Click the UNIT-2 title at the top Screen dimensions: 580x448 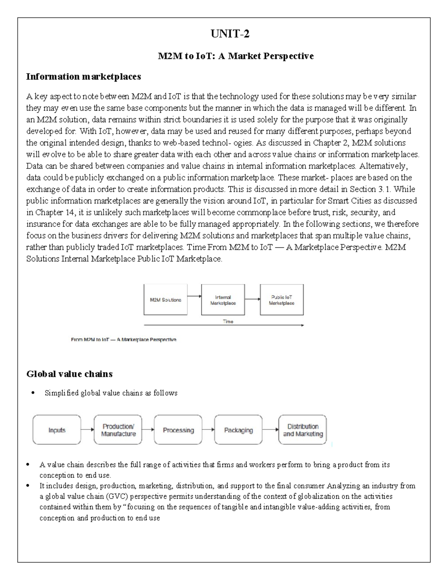coord(230,34)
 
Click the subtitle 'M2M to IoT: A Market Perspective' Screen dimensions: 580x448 coord(235,56)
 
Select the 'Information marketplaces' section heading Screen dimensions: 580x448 coord(84,77)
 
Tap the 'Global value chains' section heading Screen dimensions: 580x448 coord(69,373)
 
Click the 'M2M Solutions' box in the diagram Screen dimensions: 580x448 coord(165,300)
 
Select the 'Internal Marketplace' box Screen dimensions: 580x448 coord(223,300)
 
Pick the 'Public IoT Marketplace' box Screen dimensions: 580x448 coord(281,300)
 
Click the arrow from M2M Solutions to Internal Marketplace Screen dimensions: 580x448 coord(194,296)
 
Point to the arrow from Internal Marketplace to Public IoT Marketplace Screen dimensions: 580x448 coord(252,299)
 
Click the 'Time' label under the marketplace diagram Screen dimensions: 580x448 coord(228,321)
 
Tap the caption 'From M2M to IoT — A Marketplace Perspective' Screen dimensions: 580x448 coord(124,340)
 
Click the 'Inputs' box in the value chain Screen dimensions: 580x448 coord(57,430)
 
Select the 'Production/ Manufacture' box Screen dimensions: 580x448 coord(118,430)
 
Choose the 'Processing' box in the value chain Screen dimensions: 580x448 coord(178,430)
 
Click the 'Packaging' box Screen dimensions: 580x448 coord(238,430)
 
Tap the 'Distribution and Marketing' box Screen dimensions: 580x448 coord(302,430)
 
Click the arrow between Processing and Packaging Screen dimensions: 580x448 coord(208,429)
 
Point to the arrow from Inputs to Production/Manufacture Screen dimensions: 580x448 coord(87,429)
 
